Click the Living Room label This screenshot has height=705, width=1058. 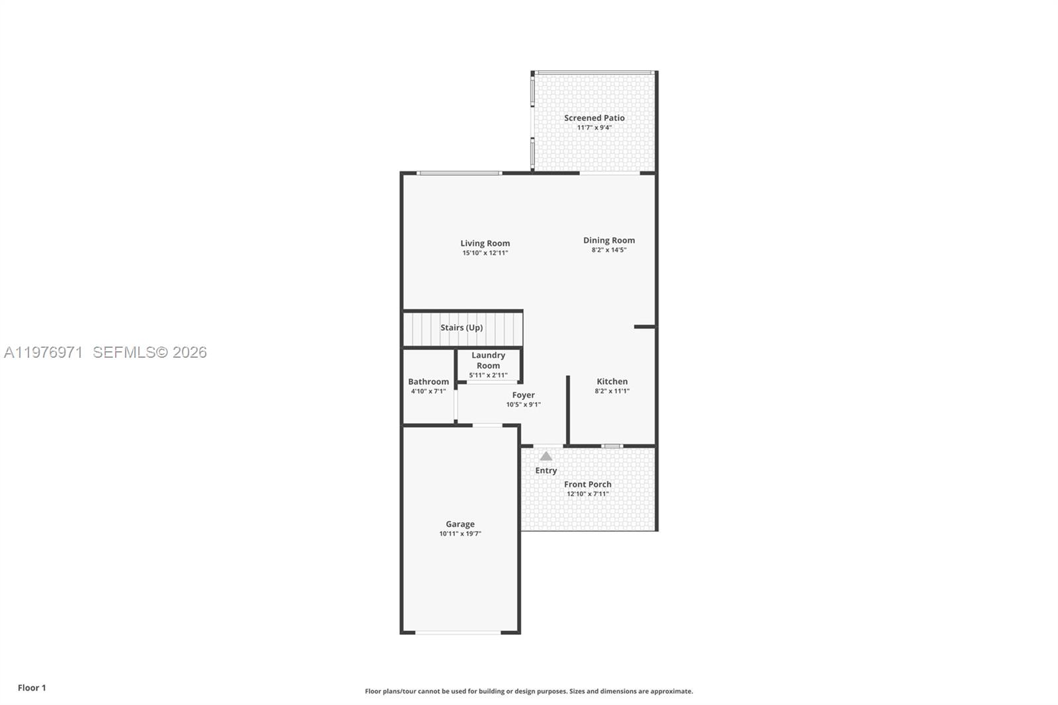tap(485, 243)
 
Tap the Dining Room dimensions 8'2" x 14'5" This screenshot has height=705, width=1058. tap(608, 250)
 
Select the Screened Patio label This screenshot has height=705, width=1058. tap(594, 118)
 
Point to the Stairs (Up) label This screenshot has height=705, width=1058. tap(462, 327)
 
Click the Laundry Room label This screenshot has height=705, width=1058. tap(488, 360)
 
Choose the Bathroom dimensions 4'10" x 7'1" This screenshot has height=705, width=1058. tap(428, 392)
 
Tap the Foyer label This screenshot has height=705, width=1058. tap(523, 395)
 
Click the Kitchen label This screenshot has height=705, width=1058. tap(612, 381)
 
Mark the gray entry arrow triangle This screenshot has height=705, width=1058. tap(546, 456)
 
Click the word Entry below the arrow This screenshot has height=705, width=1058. tap(546, 470)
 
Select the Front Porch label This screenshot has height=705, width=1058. tap(587, 484)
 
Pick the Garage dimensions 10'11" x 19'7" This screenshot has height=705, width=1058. tap(460, 534)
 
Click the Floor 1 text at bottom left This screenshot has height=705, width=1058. tap(32, 688)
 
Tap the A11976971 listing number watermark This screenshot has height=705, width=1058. tap(43, 352)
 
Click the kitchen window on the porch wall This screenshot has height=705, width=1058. tap(612, 446)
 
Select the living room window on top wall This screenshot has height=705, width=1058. tap(459, 173)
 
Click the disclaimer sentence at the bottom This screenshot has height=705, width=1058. tap(528, 691)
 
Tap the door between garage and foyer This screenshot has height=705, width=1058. tap(487, 425)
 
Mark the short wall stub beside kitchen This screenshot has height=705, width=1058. tap(644, 327)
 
